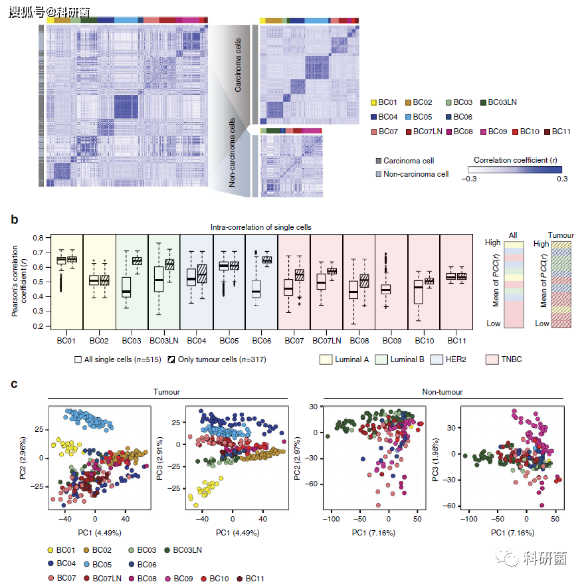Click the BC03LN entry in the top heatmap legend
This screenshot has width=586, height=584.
click(x=502, y=102)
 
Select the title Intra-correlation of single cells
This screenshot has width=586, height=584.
click(x=261, y=227)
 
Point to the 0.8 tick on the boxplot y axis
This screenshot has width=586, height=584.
click(x=39, y=237)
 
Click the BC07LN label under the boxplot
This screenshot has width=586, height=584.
click(x=326, y=340)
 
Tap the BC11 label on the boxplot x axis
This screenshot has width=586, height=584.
click(x=456, y=340)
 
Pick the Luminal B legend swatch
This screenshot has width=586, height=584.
click(x=381, y=359)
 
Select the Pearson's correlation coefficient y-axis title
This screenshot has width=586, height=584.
click(x=19, y=280)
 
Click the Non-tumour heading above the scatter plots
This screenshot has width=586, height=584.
click(x=442, y=393)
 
